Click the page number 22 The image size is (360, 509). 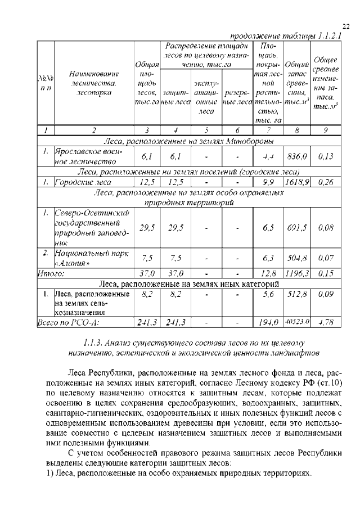tap(346, 26)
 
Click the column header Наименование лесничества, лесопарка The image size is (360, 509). tap(94, 83)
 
